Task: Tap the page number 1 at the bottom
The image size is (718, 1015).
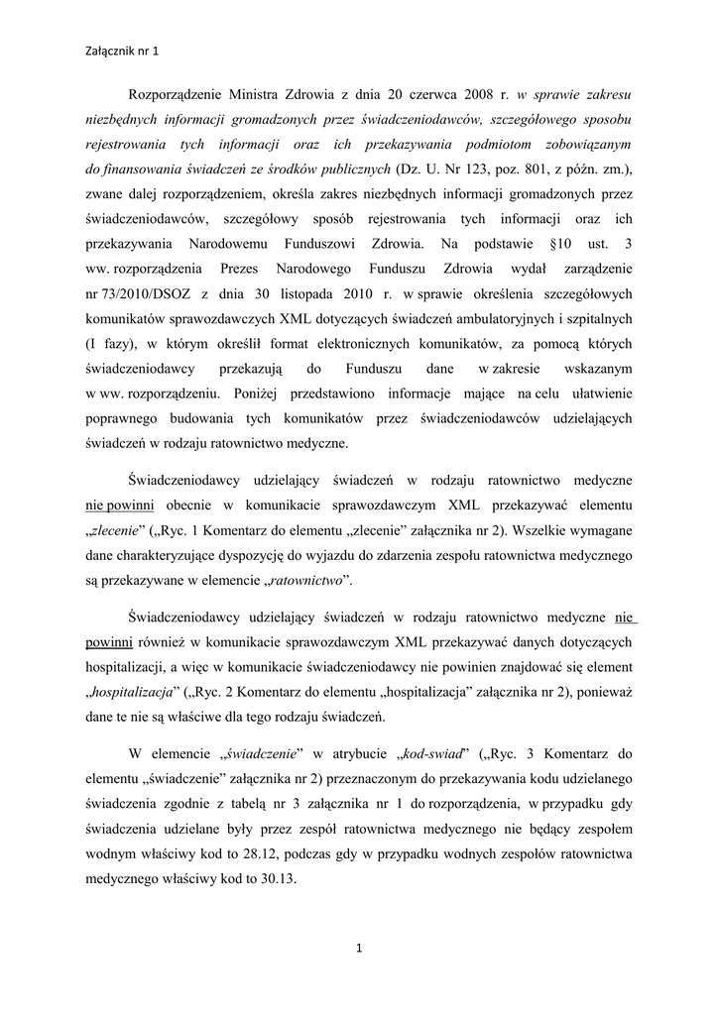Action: [x=358, y=951]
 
